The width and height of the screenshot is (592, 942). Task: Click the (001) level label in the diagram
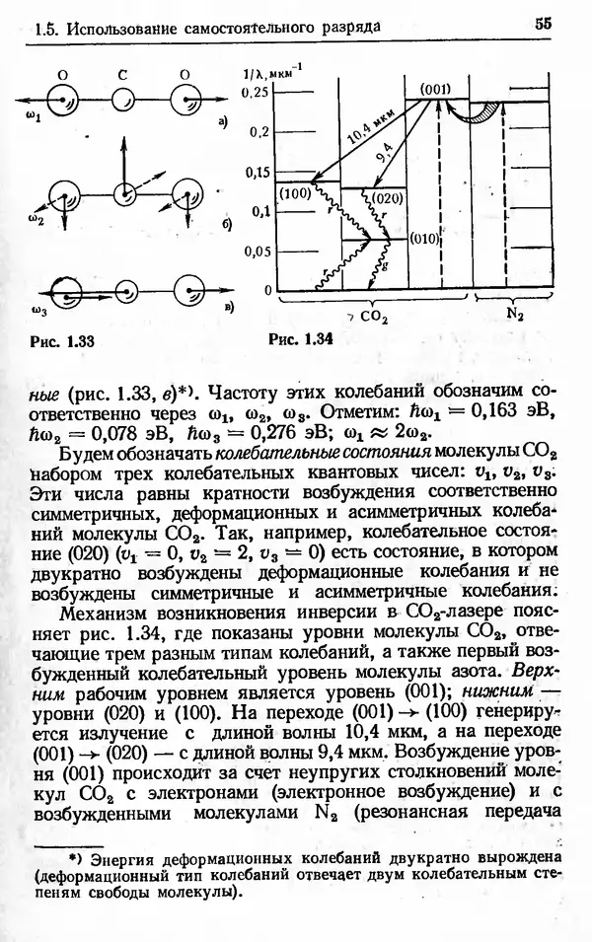coord(435,89)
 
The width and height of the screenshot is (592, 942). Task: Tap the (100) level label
coord(295,194)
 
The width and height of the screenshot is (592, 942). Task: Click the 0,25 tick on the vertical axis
coord(255,92)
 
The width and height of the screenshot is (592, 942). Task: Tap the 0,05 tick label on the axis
coord(255,251)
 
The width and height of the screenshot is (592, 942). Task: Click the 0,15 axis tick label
coord(255,173)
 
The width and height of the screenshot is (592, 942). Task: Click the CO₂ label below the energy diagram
coord(372,318)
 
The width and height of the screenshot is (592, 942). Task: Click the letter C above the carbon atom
coord(121,73)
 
